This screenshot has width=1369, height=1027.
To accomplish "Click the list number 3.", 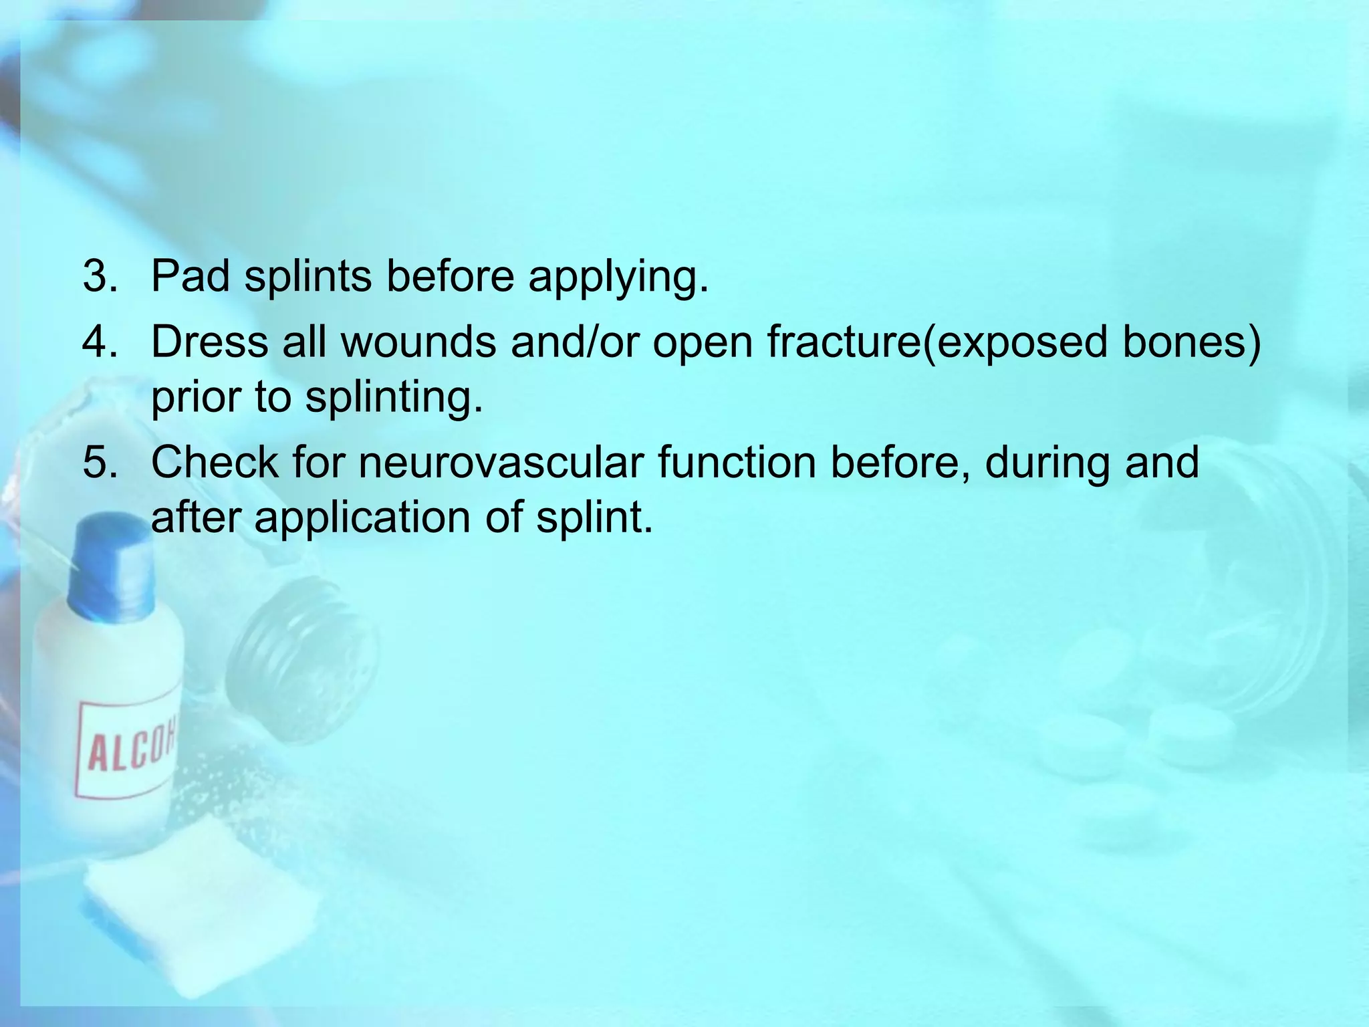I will (100, 275).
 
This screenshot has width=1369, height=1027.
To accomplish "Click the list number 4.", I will (100, 342).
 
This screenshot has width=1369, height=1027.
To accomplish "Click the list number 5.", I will (100, 462).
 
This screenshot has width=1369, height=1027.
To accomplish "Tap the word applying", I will (618, 277).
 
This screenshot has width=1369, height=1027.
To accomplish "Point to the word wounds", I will (418, 342).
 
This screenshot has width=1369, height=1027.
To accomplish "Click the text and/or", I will (574, 342).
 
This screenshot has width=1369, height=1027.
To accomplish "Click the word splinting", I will (394, 398).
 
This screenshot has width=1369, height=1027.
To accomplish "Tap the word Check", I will (215, 462).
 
